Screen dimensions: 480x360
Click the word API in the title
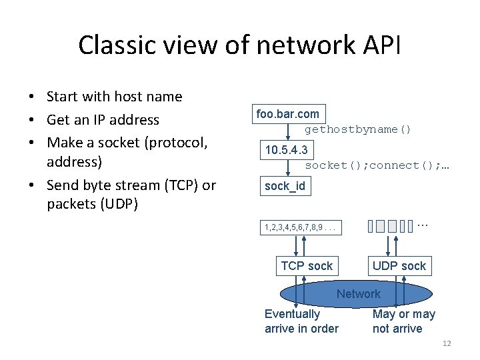381,45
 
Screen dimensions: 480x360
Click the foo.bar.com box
289,114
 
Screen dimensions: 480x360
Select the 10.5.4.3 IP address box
287,150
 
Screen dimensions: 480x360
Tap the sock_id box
285,186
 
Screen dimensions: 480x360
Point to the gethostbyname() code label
357,129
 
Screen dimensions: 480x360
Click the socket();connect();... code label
377,165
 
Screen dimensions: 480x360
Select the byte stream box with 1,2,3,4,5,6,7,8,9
301,227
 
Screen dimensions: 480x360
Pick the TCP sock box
307,266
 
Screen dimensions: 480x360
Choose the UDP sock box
399,266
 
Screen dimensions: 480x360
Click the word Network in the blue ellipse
359,294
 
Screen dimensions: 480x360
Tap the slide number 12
447,343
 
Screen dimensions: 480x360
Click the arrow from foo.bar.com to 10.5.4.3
288,132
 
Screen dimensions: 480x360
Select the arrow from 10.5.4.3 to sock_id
288,168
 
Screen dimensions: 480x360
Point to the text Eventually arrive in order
301,321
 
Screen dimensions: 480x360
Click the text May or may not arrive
404,321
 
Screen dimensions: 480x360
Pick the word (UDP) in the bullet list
119,204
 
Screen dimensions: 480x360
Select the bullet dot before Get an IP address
31,120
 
